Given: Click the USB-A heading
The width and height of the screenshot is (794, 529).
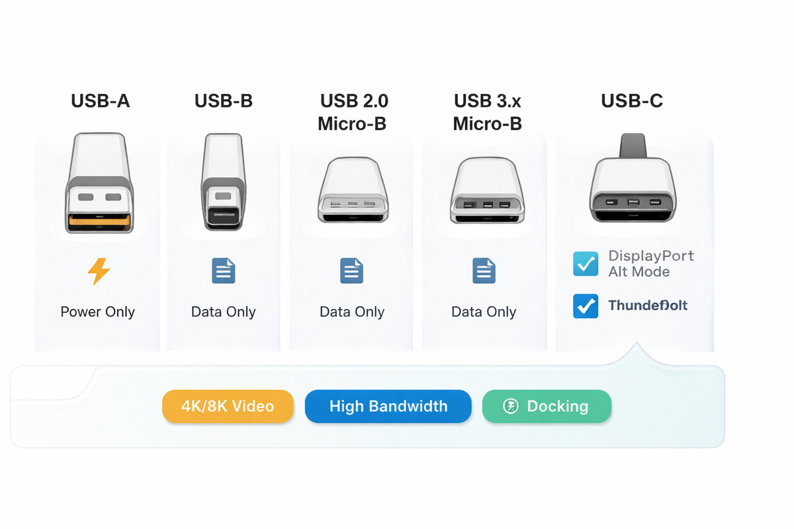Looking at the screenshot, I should coord(100,101).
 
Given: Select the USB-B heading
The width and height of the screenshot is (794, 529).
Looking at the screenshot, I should coord(224,101).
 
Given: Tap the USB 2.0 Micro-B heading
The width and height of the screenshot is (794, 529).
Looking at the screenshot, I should coord(353,112).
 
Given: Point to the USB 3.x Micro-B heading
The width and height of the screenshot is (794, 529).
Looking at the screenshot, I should coord(487,112).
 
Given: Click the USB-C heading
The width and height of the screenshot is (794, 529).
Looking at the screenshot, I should coord(632,101).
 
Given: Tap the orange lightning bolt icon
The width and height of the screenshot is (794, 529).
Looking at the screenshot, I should coord(99,271).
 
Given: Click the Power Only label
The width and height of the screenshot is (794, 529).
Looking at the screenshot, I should coord(98,312).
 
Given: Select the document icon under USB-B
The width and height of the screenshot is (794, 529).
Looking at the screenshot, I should coord(224,271).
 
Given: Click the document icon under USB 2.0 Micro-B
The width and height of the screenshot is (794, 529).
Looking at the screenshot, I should coord(352,271).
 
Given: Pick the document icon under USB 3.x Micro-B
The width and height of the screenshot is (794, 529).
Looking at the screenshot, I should coord(484,271).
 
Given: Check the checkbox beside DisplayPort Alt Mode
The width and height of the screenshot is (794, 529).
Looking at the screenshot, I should coord(586,264).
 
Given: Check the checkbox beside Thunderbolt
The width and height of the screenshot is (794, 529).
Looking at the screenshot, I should coord(586,306).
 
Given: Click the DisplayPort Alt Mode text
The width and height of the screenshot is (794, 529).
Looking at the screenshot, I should coord(650,264).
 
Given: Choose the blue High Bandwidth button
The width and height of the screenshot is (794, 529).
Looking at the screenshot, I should coord(388,406).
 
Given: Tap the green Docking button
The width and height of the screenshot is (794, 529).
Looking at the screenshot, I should coord(547,406).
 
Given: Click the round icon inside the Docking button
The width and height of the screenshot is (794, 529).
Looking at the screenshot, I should coord(511,406).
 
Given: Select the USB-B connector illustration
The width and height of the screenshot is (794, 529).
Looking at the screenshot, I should coord(224,182).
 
